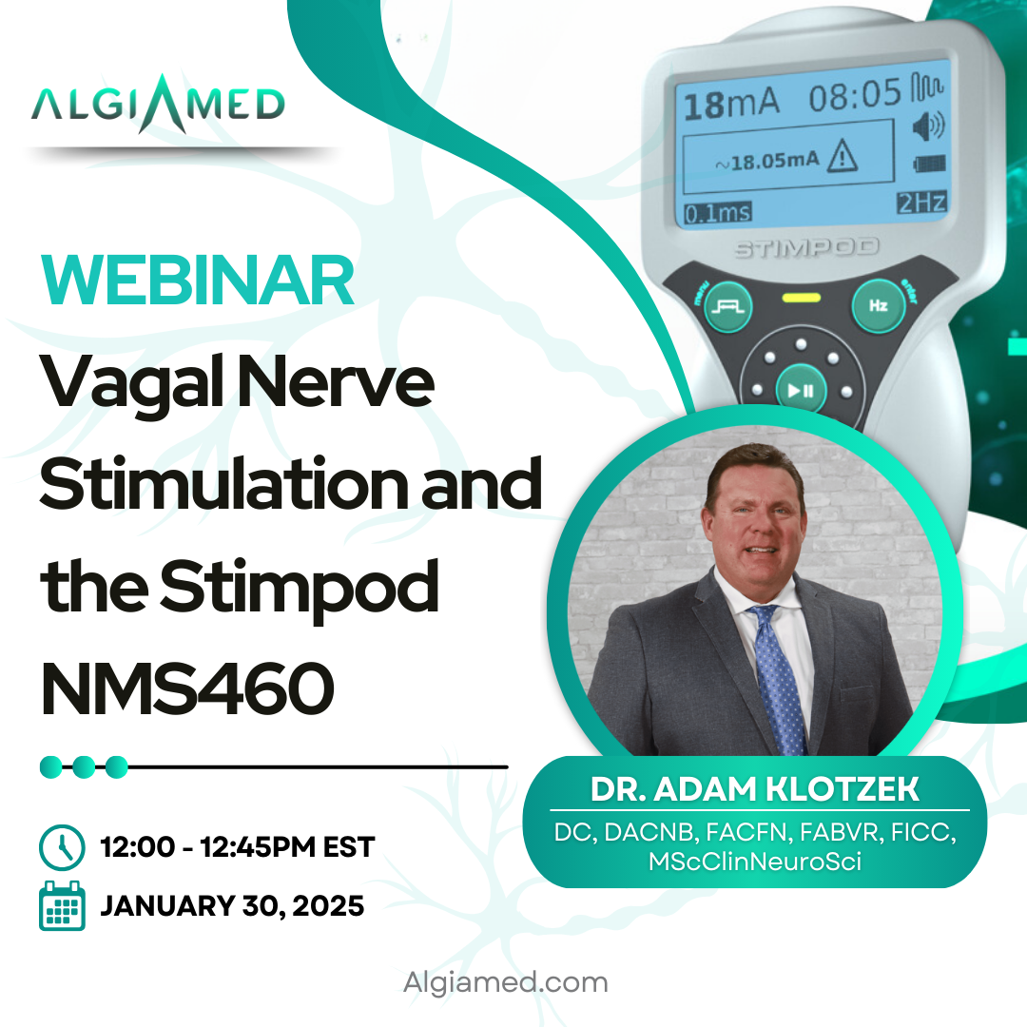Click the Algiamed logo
[x=158, y=104]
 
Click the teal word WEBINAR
[x=197, y=280]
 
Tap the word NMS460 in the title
[x=187, y=688]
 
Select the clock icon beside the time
[x=62, y=847]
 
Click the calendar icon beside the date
[x=62, y=906]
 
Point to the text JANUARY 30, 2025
[x=232, y=906]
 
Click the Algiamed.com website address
[x=506, y=982]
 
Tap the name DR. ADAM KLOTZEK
[x=754, y=789]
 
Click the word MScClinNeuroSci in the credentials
[x=754, y=862]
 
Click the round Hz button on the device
[x=879, y=305]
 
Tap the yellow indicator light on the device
[x=801, y=298]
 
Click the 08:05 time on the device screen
[x=855, y=95]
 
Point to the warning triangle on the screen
[x=842, y=157]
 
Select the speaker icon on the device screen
[x=928, y=126]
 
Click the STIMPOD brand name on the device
[x=806, y=247]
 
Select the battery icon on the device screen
[x=929, y=164]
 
